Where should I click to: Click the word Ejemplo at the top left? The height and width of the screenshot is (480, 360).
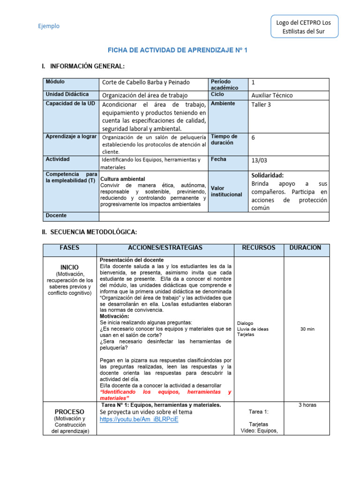pos(49,26)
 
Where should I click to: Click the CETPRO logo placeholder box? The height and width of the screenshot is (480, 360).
pos(304,27)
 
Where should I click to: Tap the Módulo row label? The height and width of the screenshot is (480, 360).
pos(55,82)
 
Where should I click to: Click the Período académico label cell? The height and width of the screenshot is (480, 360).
pos(224,84)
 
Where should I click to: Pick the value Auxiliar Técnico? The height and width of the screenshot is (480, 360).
pos(272,95)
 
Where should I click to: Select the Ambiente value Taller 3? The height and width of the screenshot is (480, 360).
pos(261,105)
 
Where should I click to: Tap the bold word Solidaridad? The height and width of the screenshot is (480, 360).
pos(268,175)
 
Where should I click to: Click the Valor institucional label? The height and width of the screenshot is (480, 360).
pos(226,191)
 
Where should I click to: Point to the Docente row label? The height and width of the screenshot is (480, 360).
pos(56,216)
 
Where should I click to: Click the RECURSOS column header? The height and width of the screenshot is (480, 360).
pos(258,247)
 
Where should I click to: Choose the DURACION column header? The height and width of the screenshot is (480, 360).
pos(305,247)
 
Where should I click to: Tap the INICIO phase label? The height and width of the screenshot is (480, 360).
pos(69,267)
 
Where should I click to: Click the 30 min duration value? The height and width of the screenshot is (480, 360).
pos(307,329)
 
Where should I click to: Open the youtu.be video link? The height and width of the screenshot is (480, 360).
pos(139,419)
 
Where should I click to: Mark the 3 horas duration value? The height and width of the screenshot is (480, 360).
pos(307,405)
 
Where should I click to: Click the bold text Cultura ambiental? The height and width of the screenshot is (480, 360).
pos(123,179)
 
